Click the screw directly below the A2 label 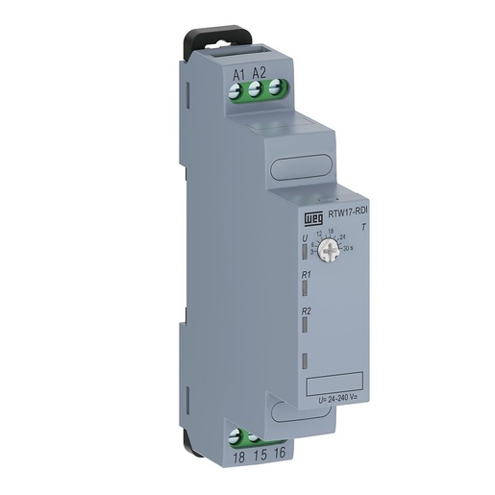(x=256, y=91)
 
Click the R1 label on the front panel (x=305, y=276)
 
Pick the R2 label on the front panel (x=305, y=310)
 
